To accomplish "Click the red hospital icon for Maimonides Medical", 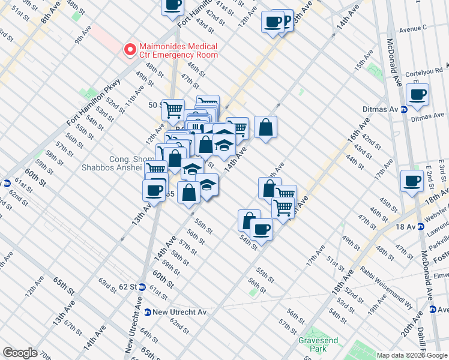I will click(129, 50).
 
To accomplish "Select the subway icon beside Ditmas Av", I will click(405, 109).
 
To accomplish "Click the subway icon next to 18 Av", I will click(421, 227).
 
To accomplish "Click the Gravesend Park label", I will click(318, 344).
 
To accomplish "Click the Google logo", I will click(20, 352).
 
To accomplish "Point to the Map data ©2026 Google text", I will click(412, 355).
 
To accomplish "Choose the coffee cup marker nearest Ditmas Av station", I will click(417, 94).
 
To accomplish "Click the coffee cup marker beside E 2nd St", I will click(412, 181).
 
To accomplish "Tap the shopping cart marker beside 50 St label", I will click(173, 109).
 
